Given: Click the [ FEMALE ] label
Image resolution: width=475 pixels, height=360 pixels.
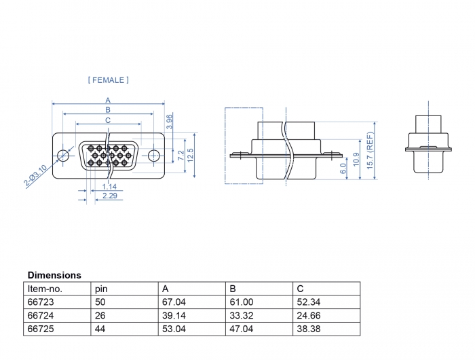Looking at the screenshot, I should (x=109, y=80).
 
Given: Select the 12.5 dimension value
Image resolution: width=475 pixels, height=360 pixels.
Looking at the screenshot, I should (x=191, y=156).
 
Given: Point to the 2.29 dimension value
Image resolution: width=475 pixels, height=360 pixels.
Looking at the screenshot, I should (x=110, y=196).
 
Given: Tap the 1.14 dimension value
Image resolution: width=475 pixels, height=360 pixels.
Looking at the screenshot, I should (x=109, y=186).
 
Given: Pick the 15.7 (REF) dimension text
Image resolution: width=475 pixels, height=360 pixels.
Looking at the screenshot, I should (x=370, y=151).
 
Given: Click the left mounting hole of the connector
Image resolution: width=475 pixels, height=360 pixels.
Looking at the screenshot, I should (x=63, y=155).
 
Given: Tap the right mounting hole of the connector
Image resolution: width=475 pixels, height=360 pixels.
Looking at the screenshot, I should (x=154, y=155).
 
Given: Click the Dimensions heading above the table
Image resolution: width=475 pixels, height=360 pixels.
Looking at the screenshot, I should (x=54, y=275).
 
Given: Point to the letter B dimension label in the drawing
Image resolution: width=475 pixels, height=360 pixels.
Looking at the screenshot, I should (x=108, y=110).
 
